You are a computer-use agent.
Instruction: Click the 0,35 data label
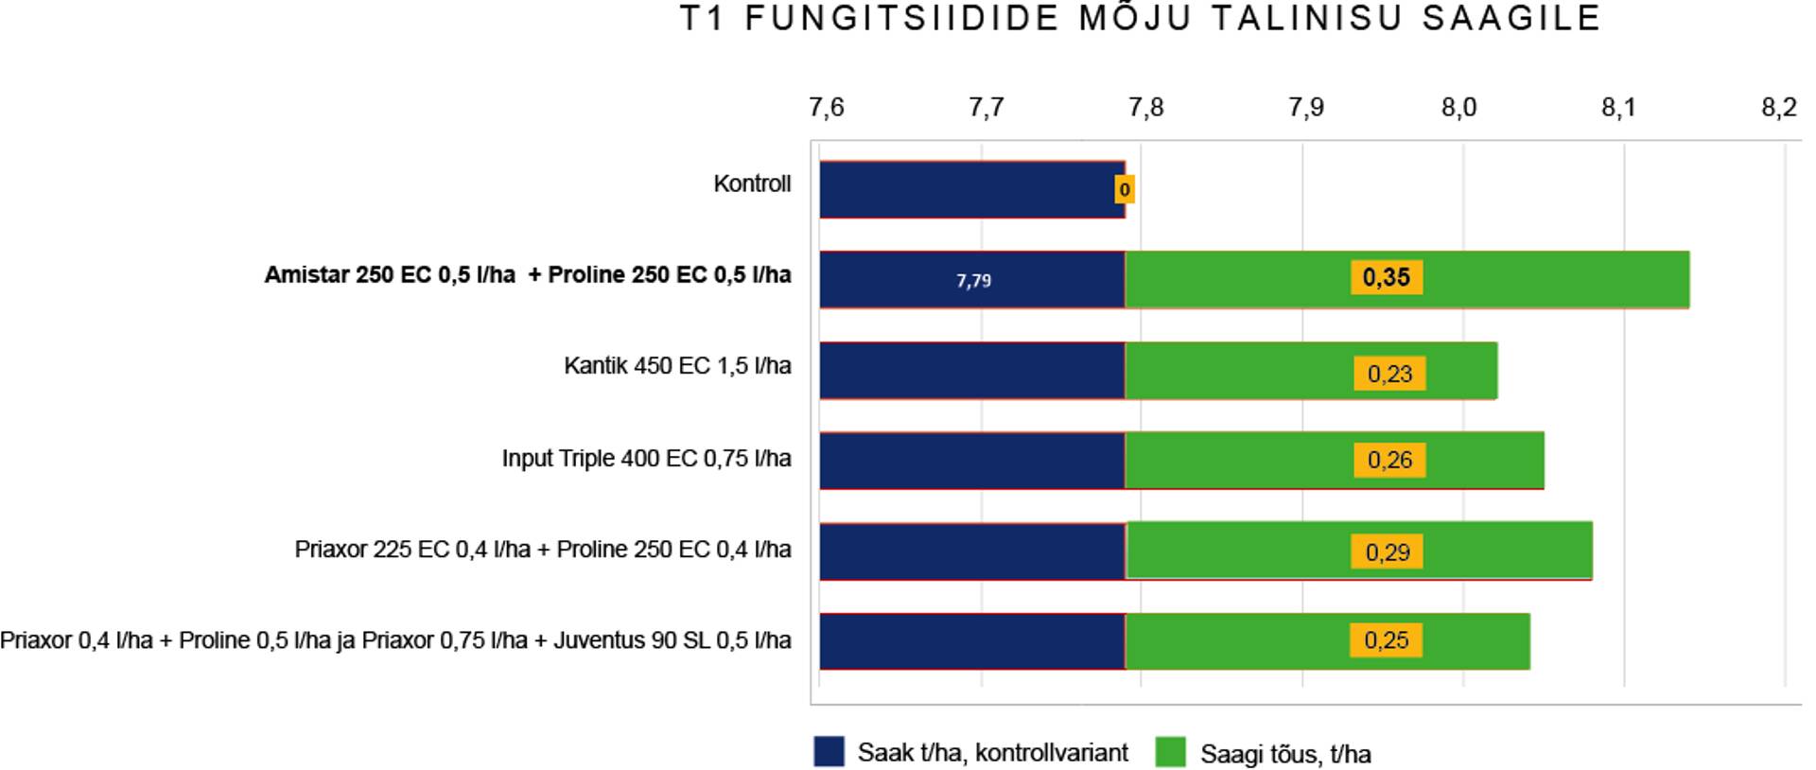(1386, 277)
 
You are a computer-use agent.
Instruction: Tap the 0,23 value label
(1388, 374)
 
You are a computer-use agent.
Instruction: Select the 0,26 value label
(1388, 461)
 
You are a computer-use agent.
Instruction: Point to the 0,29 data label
(1387, 552)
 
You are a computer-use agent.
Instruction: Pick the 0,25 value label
(1386, 640)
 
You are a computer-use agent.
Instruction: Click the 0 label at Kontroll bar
(1124, 190)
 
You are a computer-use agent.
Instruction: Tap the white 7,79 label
(973, 281)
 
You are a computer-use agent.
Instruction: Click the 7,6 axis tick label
(826, 108)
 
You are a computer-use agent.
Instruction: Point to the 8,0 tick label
(1458, 108)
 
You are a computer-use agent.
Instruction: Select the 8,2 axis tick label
(1778, 108)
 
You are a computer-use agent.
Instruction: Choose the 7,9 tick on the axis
(1305, 108)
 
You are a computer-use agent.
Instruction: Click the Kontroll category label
(752, 184)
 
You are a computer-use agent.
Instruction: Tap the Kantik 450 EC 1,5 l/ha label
(677, 366)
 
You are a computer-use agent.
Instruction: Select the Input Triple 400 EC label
(646, 459)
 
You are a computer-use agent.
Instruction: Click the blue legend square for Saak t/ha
(829, 752)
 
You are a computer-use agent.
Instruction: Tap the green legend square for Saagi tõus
(1170, 753)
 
